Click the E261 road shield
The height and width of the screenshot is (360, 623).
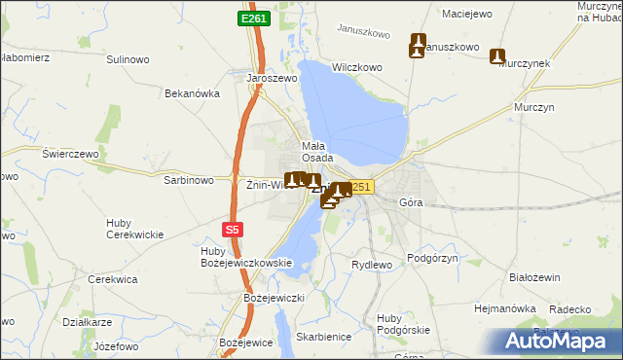pos(254,18)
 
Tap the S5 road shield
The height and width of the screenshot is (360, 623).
pos(231,230)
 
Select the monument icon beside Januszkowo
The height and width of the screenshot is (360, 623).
pos(419,44)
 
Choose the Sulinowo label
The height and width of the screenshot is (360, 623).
pos(128,59)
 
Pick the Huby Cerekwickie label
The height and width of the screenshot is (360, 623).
pos(133,229)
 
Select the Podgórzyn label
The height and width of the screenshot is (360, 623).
pos(432,258)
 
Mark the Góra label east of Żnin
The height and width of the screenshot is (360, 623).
pos(411,203)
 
